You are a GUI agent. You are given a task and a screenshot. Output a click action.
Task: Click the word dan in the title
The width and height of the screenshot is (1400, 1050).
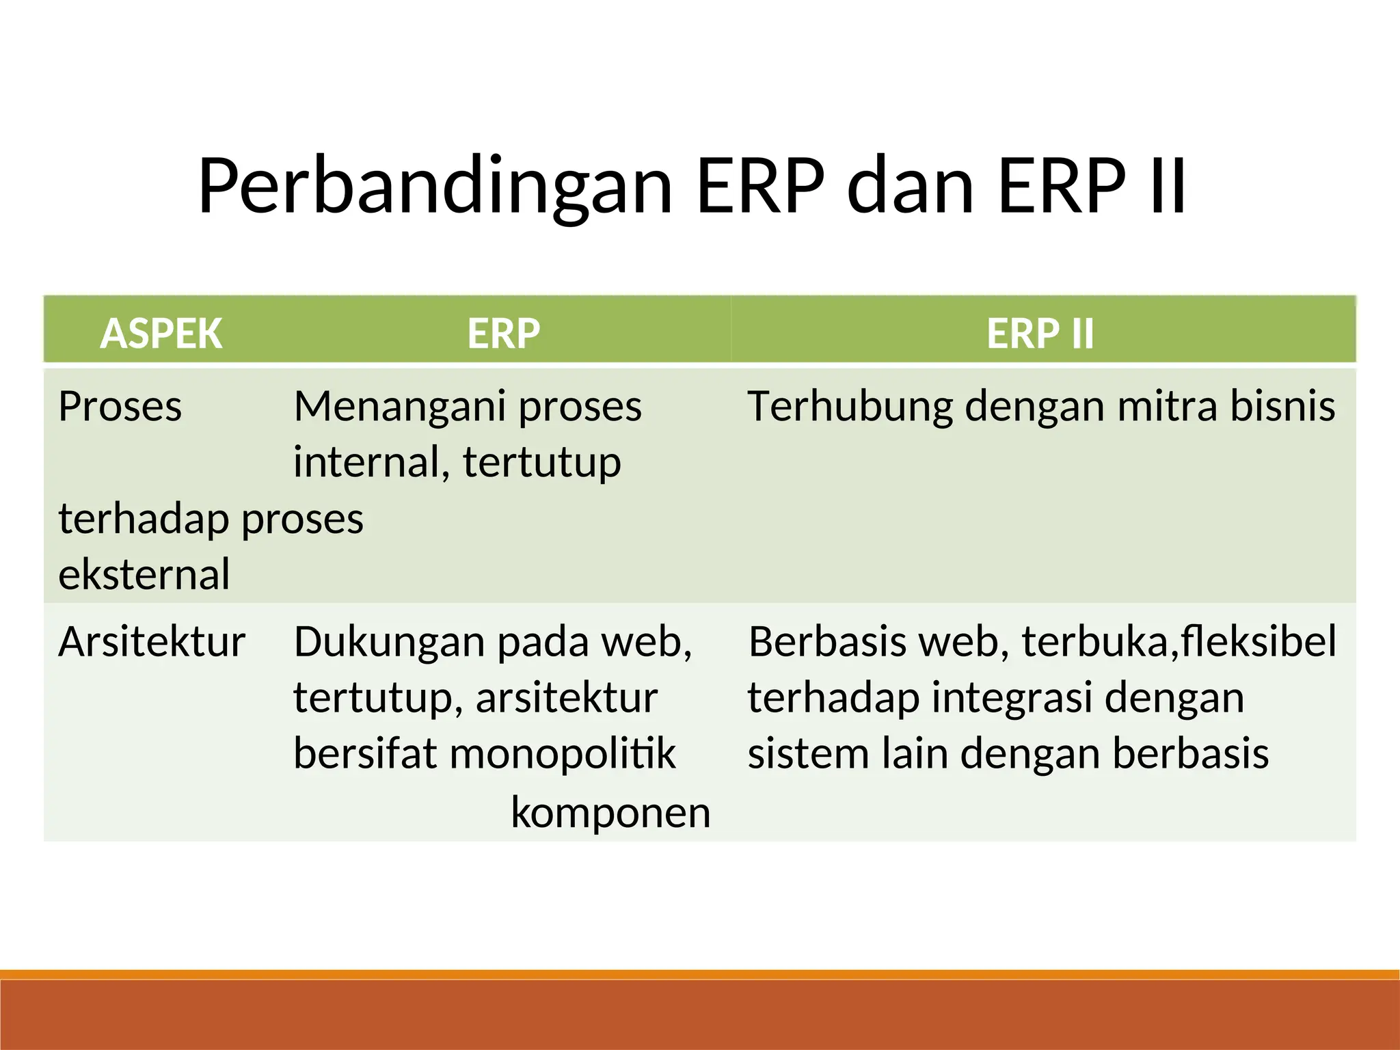pyautogui.click(x=909, y=187)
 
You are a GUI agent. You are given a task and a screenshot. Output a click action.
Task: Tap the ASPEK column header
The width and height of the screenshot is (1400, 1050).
pyautogui.click(x=161, y=334)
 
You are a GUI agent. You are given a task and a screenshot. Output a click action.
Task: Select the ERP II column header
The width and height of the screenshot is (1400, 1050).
pyautogui.click(x=1040, y=334)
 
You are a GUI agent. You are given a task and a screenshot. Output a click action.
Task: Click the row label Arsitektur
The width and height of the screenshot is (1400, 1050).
pyautogui.click(x=152, y=642)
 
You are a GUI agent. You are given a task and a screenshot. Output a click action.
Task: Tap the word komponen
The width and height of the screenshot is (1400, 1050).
pyautogui.click(x=610, y=813)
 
